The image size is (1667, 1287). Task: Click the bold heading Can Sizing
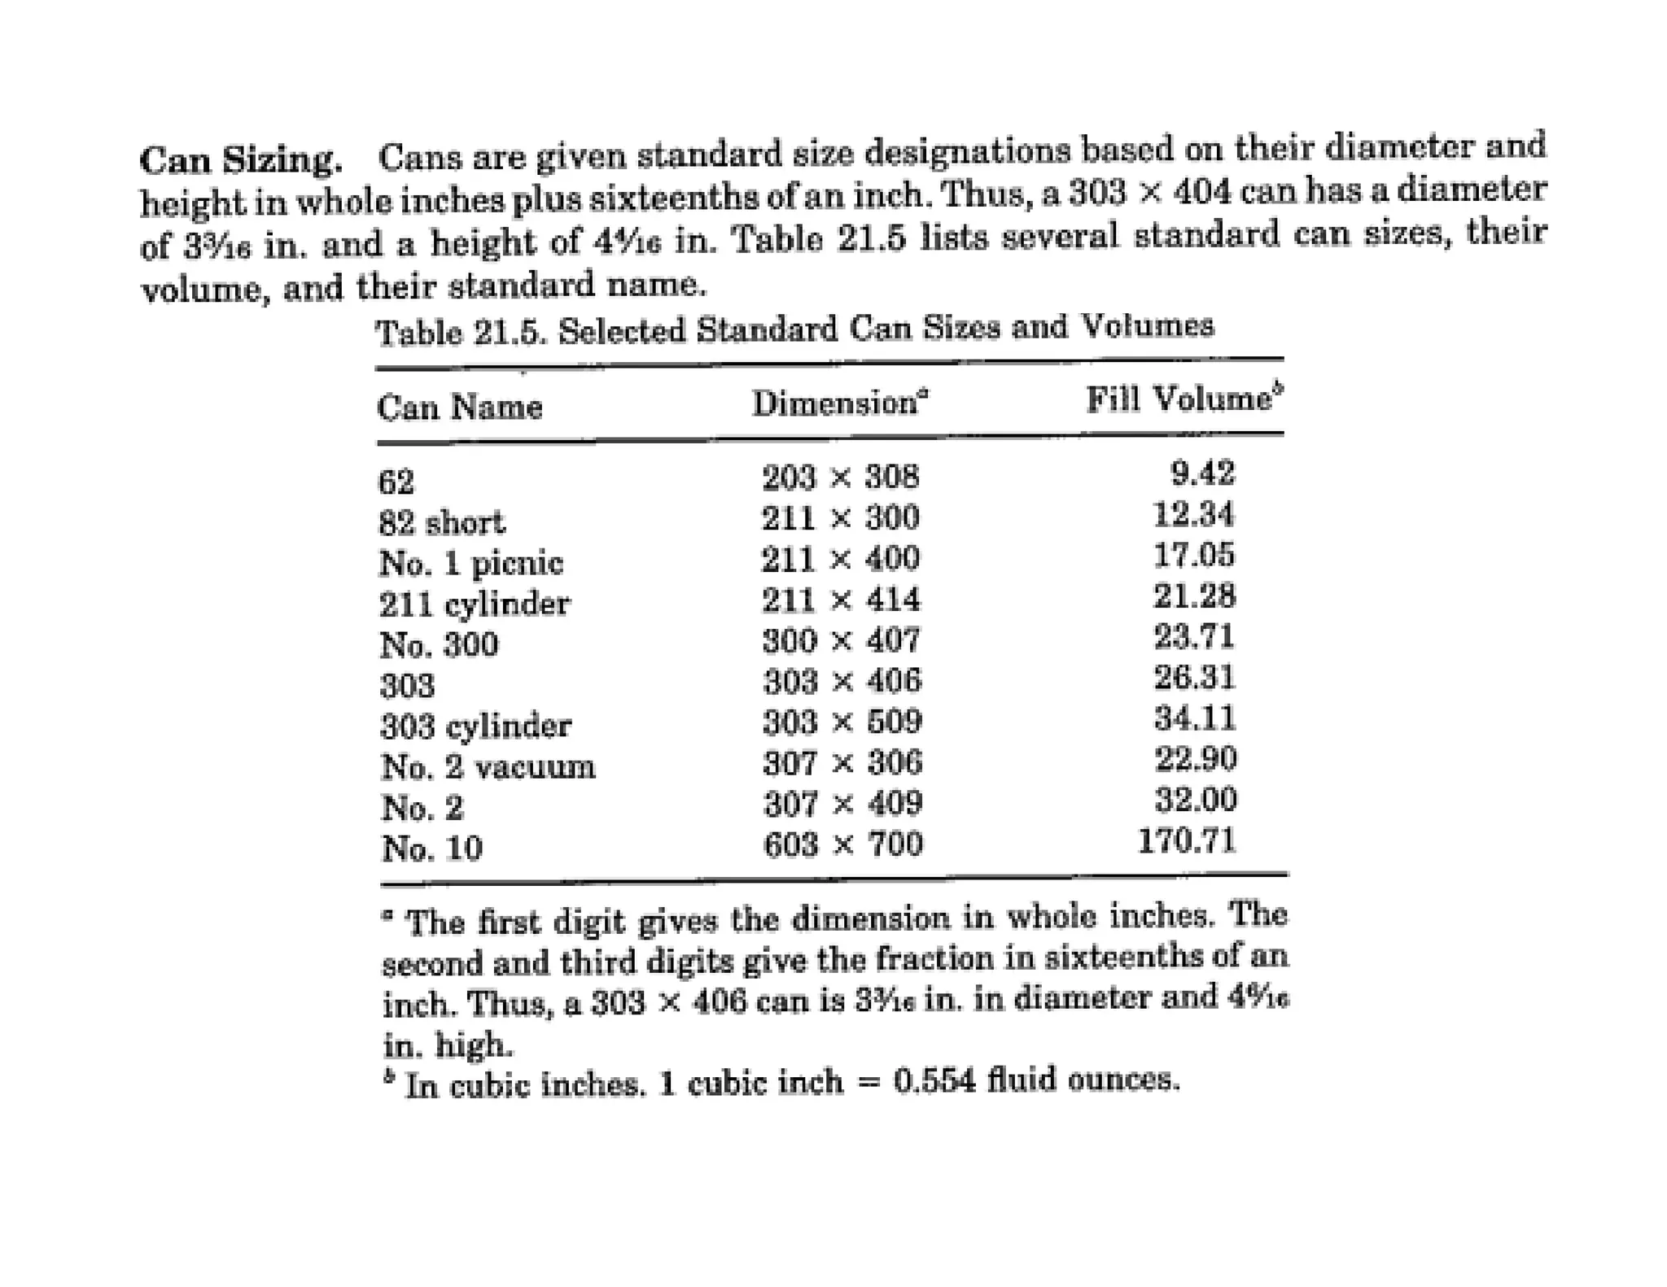pos(240,159)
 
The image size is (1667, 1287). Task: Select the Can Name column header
pos(459,406)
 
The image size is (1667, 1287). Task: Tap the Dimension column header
pos(839,403)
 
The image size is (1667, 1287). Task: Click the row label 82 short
pos(441,522)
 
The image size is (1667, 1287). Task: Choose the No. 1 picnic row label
pos(470,563)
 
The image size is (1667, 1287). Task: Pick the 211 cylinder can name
pos(475,604)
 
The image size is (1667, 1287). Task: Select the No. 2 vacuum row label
pos(488,766)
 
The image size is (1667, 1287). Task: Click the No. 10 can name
pos(431,849)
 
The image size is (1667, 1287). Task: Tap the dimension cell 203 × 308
pos(840,477)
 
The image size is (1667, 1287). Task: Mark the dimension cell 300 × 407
pos(841,640)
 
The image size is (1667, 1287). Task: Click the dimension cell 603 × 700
pos(842,844)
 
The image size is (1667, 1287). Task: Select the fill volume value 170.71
pos(1186,840)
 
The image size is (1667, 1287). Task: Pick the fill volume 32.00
pos(1195,800)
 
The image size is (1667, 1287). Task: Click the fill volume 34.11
pos(1194,718)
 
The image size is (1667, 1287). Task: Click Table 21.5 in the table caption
pos(459,332)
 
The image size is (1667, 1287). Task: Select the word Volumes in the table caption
pos(1147,326)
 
